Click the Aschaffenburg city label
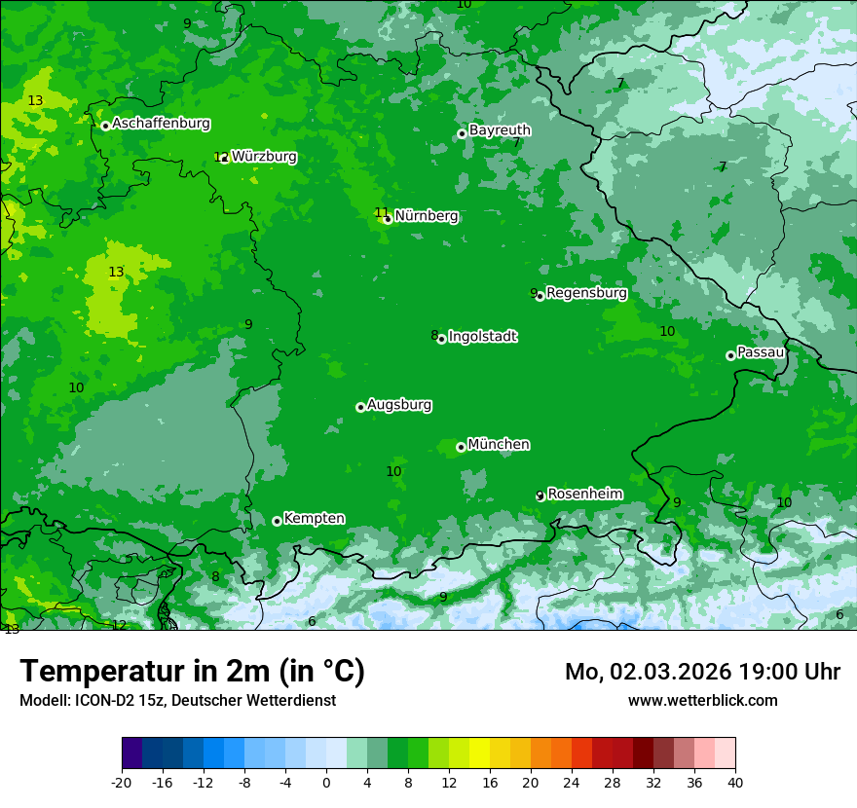coord(161,124)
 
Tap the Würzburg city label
coord(264,157)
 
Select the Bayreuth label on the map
coord(500,130)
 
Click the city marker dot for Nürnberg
coord(388,219)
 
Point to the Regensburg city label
coord(586,293)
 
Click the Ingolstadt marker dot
coord(441,339)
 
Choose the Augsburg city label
coord(399,405)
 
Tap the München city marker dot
coord(461,447)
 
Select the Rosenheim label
coord(584,495)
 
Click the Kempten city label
coord(314,519)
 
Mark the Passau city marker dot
coord(730,355)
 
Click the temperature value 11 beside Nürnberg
coord(381,213)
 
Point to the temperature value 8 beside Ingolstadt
coord(434,336)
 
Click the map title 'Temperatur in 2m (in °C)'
coord(192,672)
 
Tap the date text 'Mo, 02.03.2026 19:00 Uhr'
coord(702,672)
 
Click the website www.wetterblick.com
coord(702,700)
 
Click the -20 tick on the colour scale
coord(122,783)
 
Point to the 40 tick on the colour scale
coord(735,783)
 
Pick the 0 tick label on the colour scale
coord(326,783)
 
